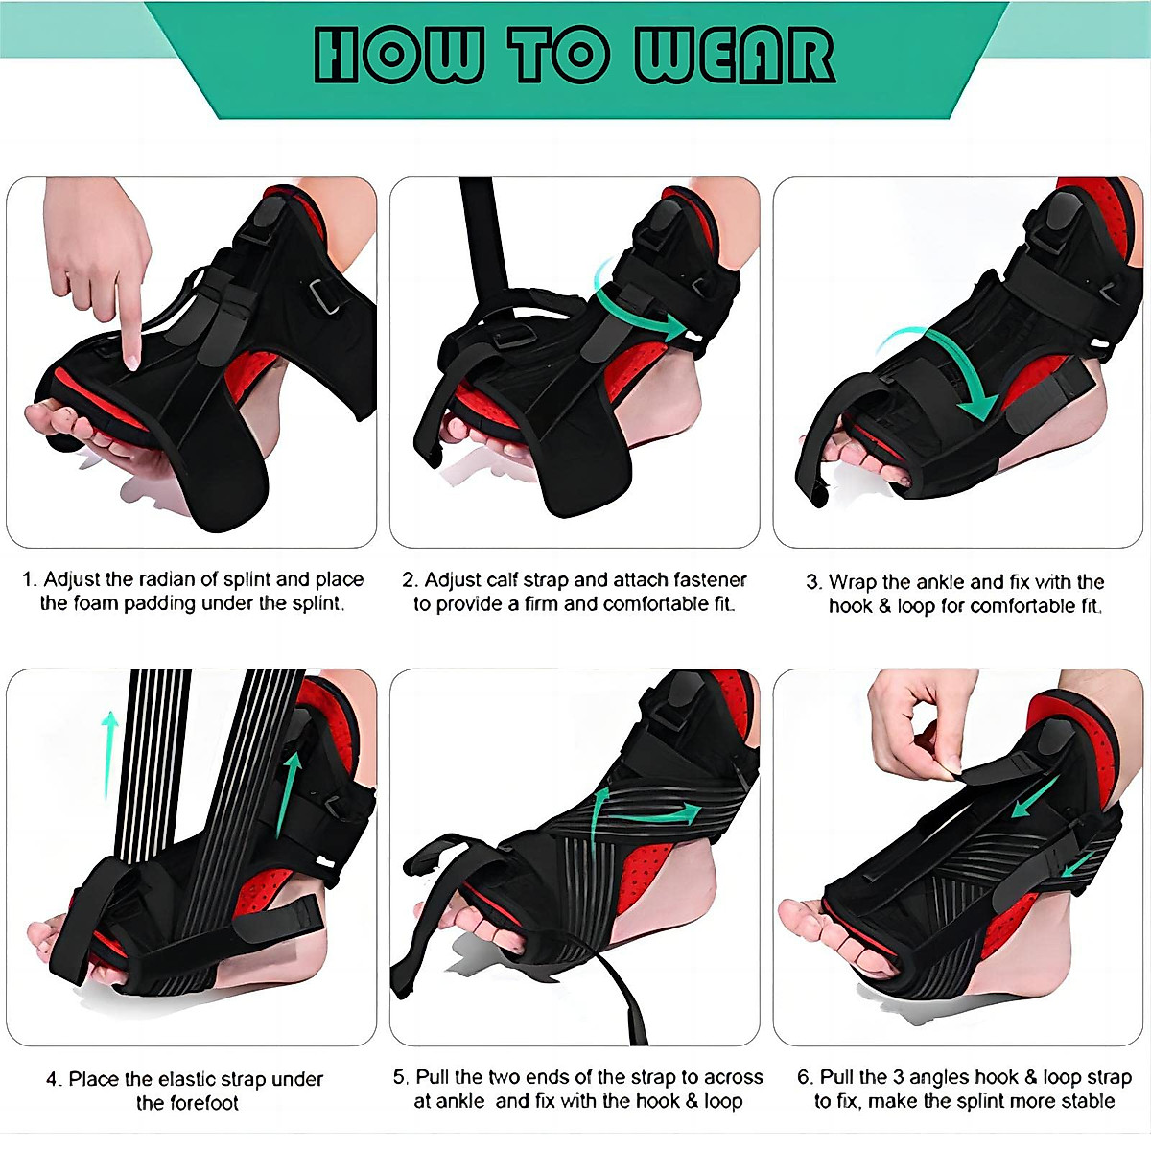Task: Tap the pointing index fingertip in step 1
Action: (132, 362)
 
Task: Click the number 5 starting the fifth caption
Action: (400, 1077)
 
